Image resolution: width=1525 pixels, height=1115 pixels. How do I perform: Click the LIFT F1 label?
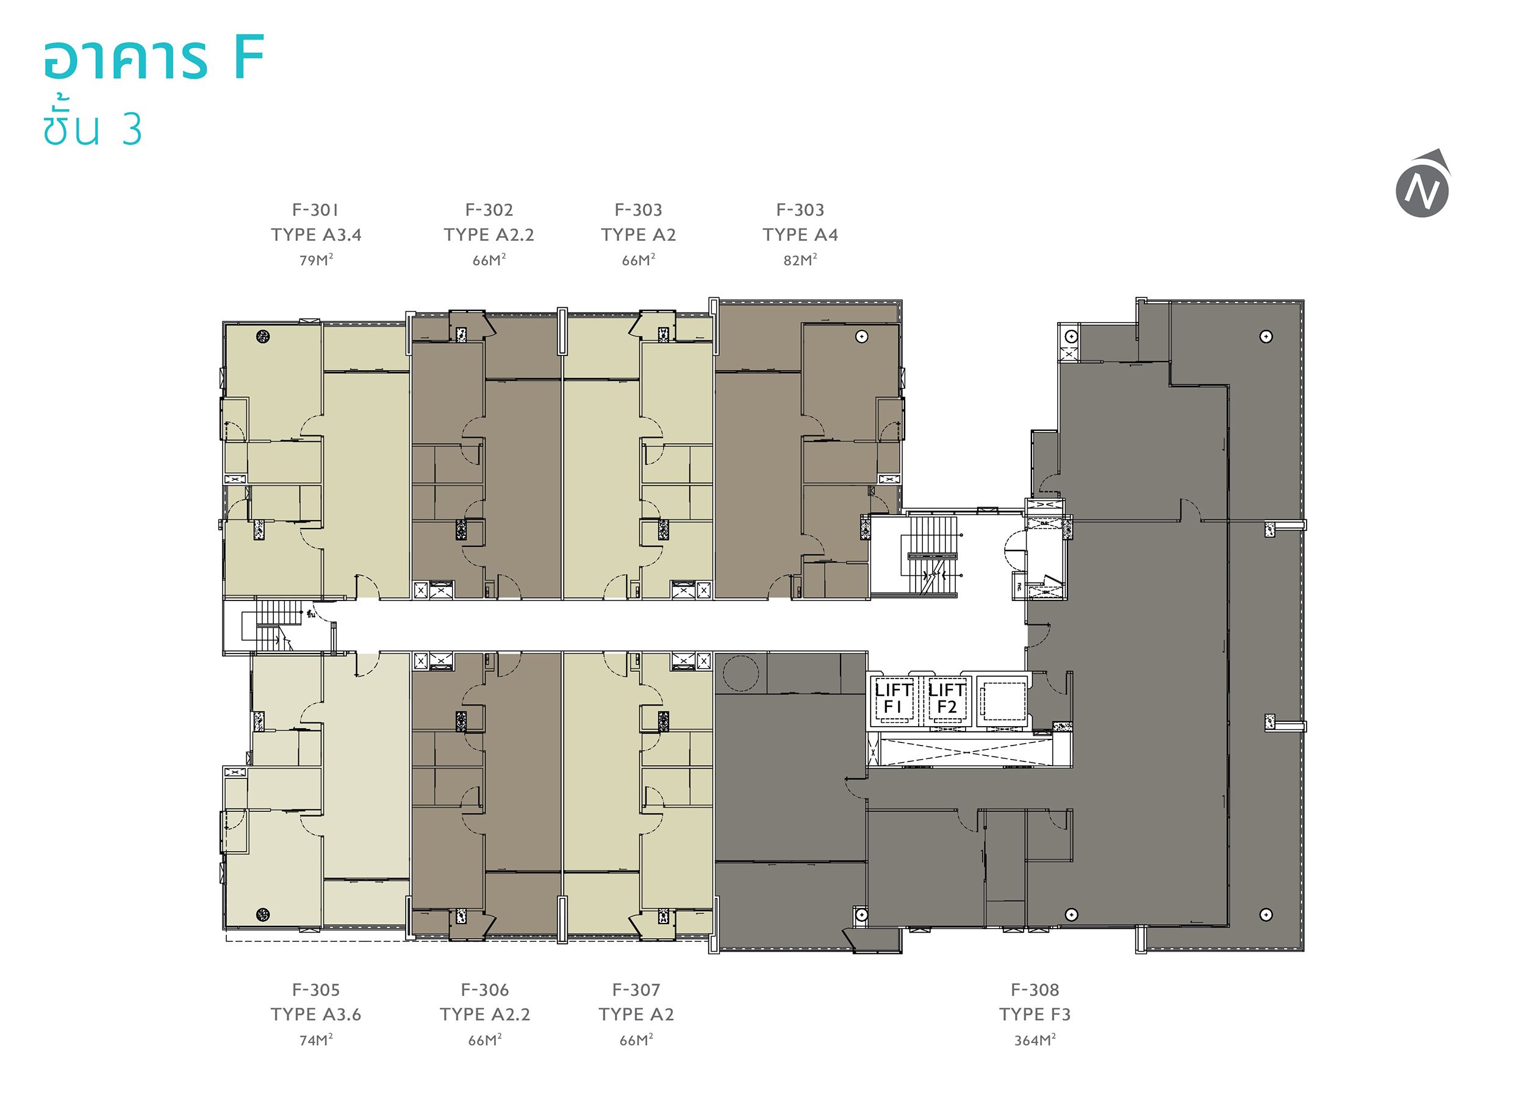click(x=893, y=699)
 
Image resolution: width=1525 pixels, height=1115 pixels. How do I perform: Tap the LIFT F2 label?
click(x=946, y=699)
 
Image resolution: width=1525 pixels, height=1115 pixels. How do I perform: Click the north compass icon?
click(x=1424, y=184)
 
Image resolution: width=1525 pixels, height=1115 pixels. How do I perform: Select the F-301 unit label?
click(x=315, y=210)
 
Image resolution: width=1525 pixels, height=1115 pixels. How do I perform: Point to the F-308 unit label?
click(x=1035, y=990)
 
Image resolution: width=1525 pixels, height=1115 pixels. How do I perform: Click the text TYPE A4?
click(x=800, y=235)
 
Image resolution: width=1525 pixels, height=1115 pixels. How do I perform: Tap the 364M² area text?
click(x=1035, y=1040)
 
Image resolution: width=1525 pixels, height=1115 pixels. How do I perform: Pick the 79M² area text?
click(x=316, y=260)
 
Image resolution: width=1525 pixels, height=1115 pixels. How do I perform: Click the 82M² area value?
click(x=800, y=260)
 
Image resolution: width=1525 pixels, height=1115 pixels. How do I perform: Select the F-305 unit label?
click(x=315, y=990)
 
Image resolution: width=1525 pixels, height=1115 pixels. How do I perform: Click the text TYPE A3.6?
click(x=315, y=1014)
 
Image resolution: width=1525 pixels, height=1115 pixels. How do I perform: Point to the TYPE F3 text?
click(x=1035, y=1014)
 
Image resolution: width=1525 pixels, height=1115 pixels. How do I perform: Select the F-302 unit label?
click(x=489, y=210)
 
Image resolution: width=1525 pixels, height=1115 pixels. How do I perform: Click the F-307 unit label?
click(x=636, y=990)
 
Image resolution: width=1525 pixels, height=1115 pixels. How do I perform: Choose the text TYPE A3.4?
click(x=316, y=235)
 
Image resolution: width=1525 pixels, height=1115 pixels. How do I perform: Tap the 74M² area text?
click(x=316, y=1040)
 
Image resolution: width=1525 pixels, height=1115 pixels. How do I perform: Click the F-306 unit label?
click(x=485, y=990)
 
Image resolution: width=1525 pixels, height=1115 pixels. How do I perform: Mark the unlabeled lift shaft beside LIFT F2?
click(x=1002, y=701)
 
